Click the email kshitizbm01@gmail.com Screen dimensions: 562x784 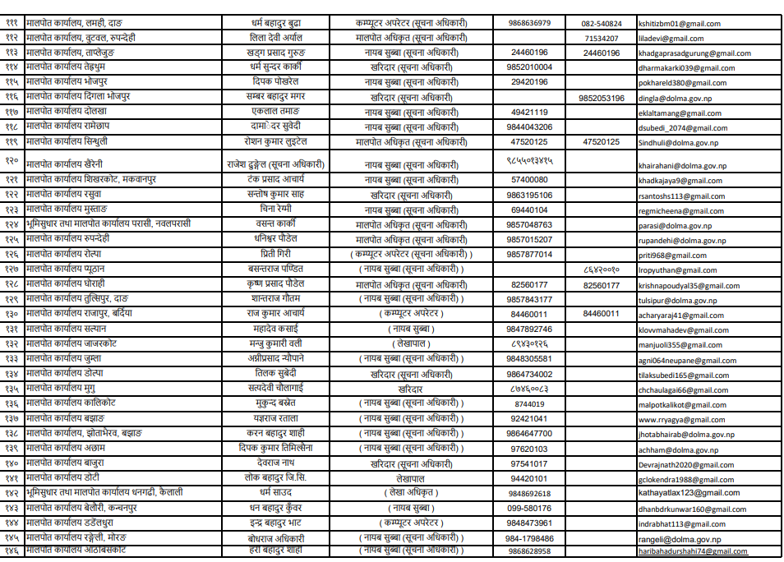click(679, 24)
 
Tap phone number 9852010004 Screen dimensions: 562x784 click(529, 67)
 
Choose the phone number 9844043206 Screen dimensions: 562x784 click(529, 127)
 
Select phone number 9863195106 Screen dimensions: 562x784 click(529, 196)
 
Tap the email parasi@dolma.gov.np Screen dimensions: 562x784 click(671, 225)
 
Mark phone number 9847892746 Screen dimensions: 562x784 click(529, 329)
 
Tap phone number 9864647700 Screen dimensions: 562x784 click(529, 434)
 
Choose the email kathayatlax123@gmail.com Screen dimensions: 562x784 click(689, 493)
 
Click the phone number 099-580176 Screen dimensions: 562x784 click(528, 509)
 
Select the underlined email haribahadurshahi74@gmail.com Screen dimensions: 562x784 click(693, 551)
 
